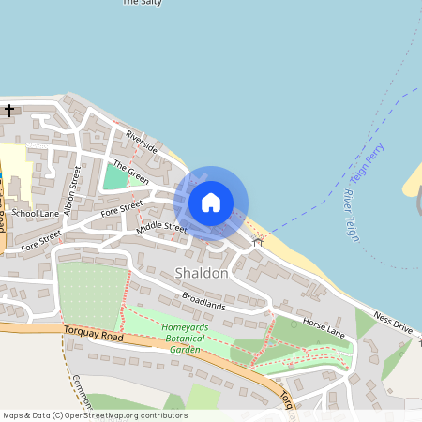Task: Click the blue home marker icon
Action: click(x=211, y=203)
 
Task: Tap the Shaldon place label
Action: click(x=201, y=273)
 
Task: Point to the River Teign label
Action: click(x=351, y=215)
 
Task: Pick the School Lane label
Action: click(x=37, y=214)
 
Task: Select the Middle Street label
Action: click(x=162, y=227)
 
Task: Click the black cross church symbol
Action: click(x=9, y=111)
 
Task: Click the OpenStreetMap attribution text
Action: click(x=95, y=415)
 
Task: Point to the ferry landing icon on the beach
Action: click(x=258, y=241)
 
